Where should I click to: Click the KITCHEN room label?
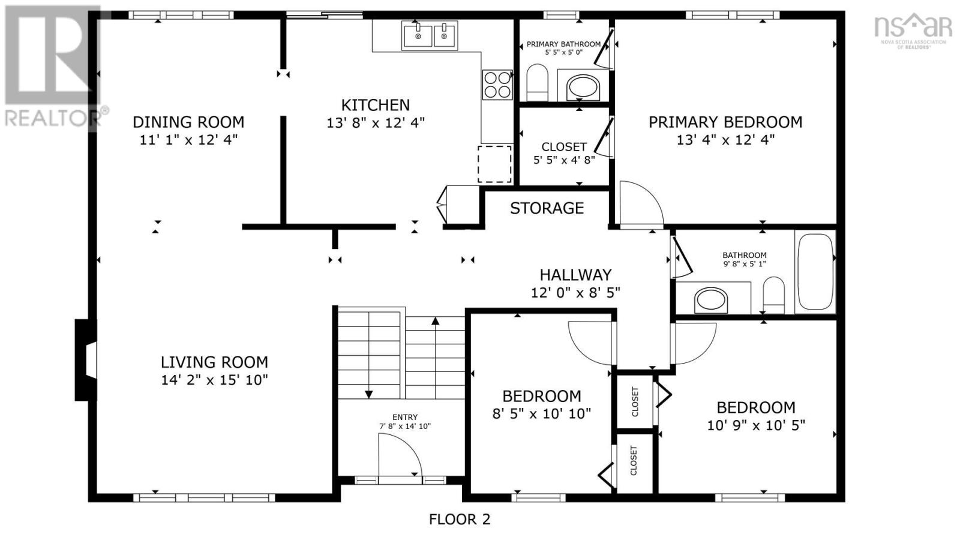point(376,105)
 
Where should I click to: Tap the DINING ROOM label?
point(188,122)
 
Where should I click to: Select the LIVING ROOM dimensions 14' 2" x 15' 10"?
point(214,380)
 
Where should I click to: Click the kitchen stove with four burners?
point(497,85)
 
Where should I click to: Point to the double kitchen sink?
point(430,35)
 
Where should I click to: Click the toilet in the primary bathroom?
point(537,83)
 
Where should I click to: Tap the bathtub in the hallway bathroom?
point(815,272)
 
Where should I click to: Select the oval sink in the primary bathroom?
point(583,88)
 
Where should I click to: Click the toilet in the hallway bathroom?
point(773,295)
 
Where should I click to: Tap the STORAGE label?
point(547,208)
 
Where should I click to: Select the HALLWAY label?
point(575,275)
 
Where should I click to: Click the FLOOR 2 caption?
point(460,520)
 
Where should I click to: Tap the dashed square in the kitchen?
point(494,164)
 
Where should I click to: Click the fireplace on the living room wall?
point(86,360)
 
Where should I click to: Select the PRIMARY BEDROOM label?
point(725,122)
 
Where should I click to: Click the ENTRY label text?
point(405,417)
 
